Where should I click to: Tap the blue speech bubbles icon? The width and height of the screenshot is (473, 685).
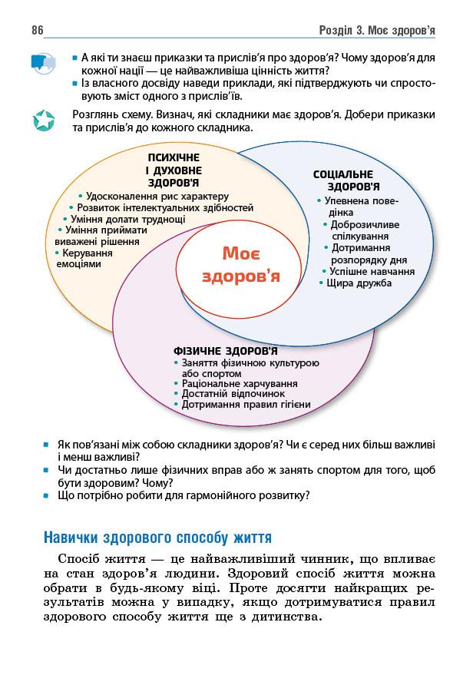pos(43,62)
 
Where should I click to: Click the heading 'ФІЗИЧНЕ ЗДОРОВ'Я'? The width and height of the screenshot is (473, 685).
pos(226,351)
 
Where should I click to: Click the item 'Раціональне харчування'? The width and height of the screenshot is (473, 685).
pos(239,382)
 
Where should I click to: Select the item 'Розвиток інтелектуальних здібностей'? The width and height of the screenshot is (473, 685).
pos(164,207)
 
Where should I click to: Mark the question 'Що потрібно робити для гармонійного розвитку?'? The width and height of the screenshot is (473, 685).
pos(184,495)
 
